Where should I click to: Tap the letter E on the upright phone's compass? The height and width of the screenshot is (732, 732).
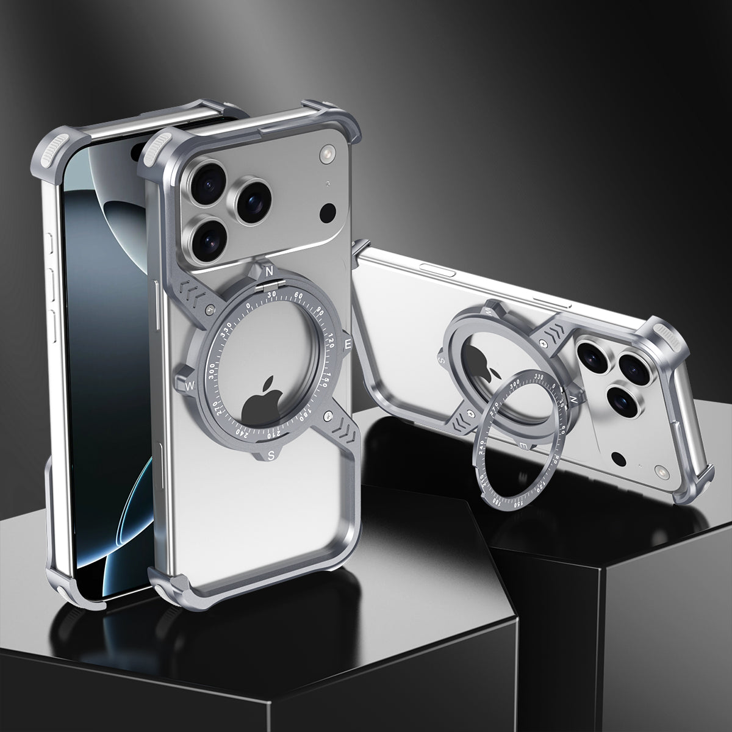pyautogui.click(x=348, y=344)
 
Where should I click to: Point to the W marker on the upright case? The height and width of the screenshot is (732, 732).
pyautogui.click(x=190, y=385)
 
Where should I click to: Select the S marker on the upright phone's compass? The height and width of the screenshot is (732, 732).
pyautogui.click(x=271, y=454)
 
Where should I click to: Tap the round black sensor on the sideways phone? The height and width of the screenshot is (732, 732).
pyautogui.click(x=619, y=457)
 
